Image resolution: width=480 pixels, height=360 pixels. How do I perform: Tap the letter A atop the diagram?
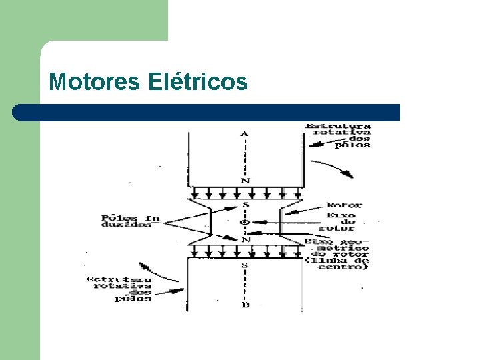coord(245,133)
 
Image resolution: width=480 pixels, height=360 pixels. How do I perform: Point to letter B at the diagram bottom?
coord(245,305)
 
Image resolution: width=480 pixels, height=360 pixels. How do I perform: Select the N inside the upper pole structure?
coord(245,181)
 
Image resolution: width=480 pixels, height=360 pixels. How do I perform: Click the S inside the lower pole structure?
coord(245,265)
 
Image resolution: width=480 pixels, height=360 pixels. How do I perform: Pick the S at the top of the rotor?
coord(245,205)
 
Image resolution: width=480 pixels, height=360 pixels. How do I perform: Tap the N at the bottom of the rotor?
coord(245,239)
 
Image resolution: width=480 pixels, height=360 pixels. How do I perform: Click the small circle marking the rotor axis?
coord(245,222)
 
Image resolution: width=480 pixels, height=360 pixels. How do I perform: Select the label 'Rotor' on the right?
coord(343,205)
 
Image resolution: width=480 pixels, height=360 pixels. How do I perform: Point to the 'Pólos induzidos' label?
coord(129,221)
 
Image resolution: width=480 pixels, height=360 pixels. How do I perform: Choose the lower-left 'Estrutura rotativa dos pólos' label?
coord(119,289)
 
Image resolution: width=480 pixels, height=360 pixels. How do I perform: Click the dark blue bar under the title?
coord(207,112)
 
